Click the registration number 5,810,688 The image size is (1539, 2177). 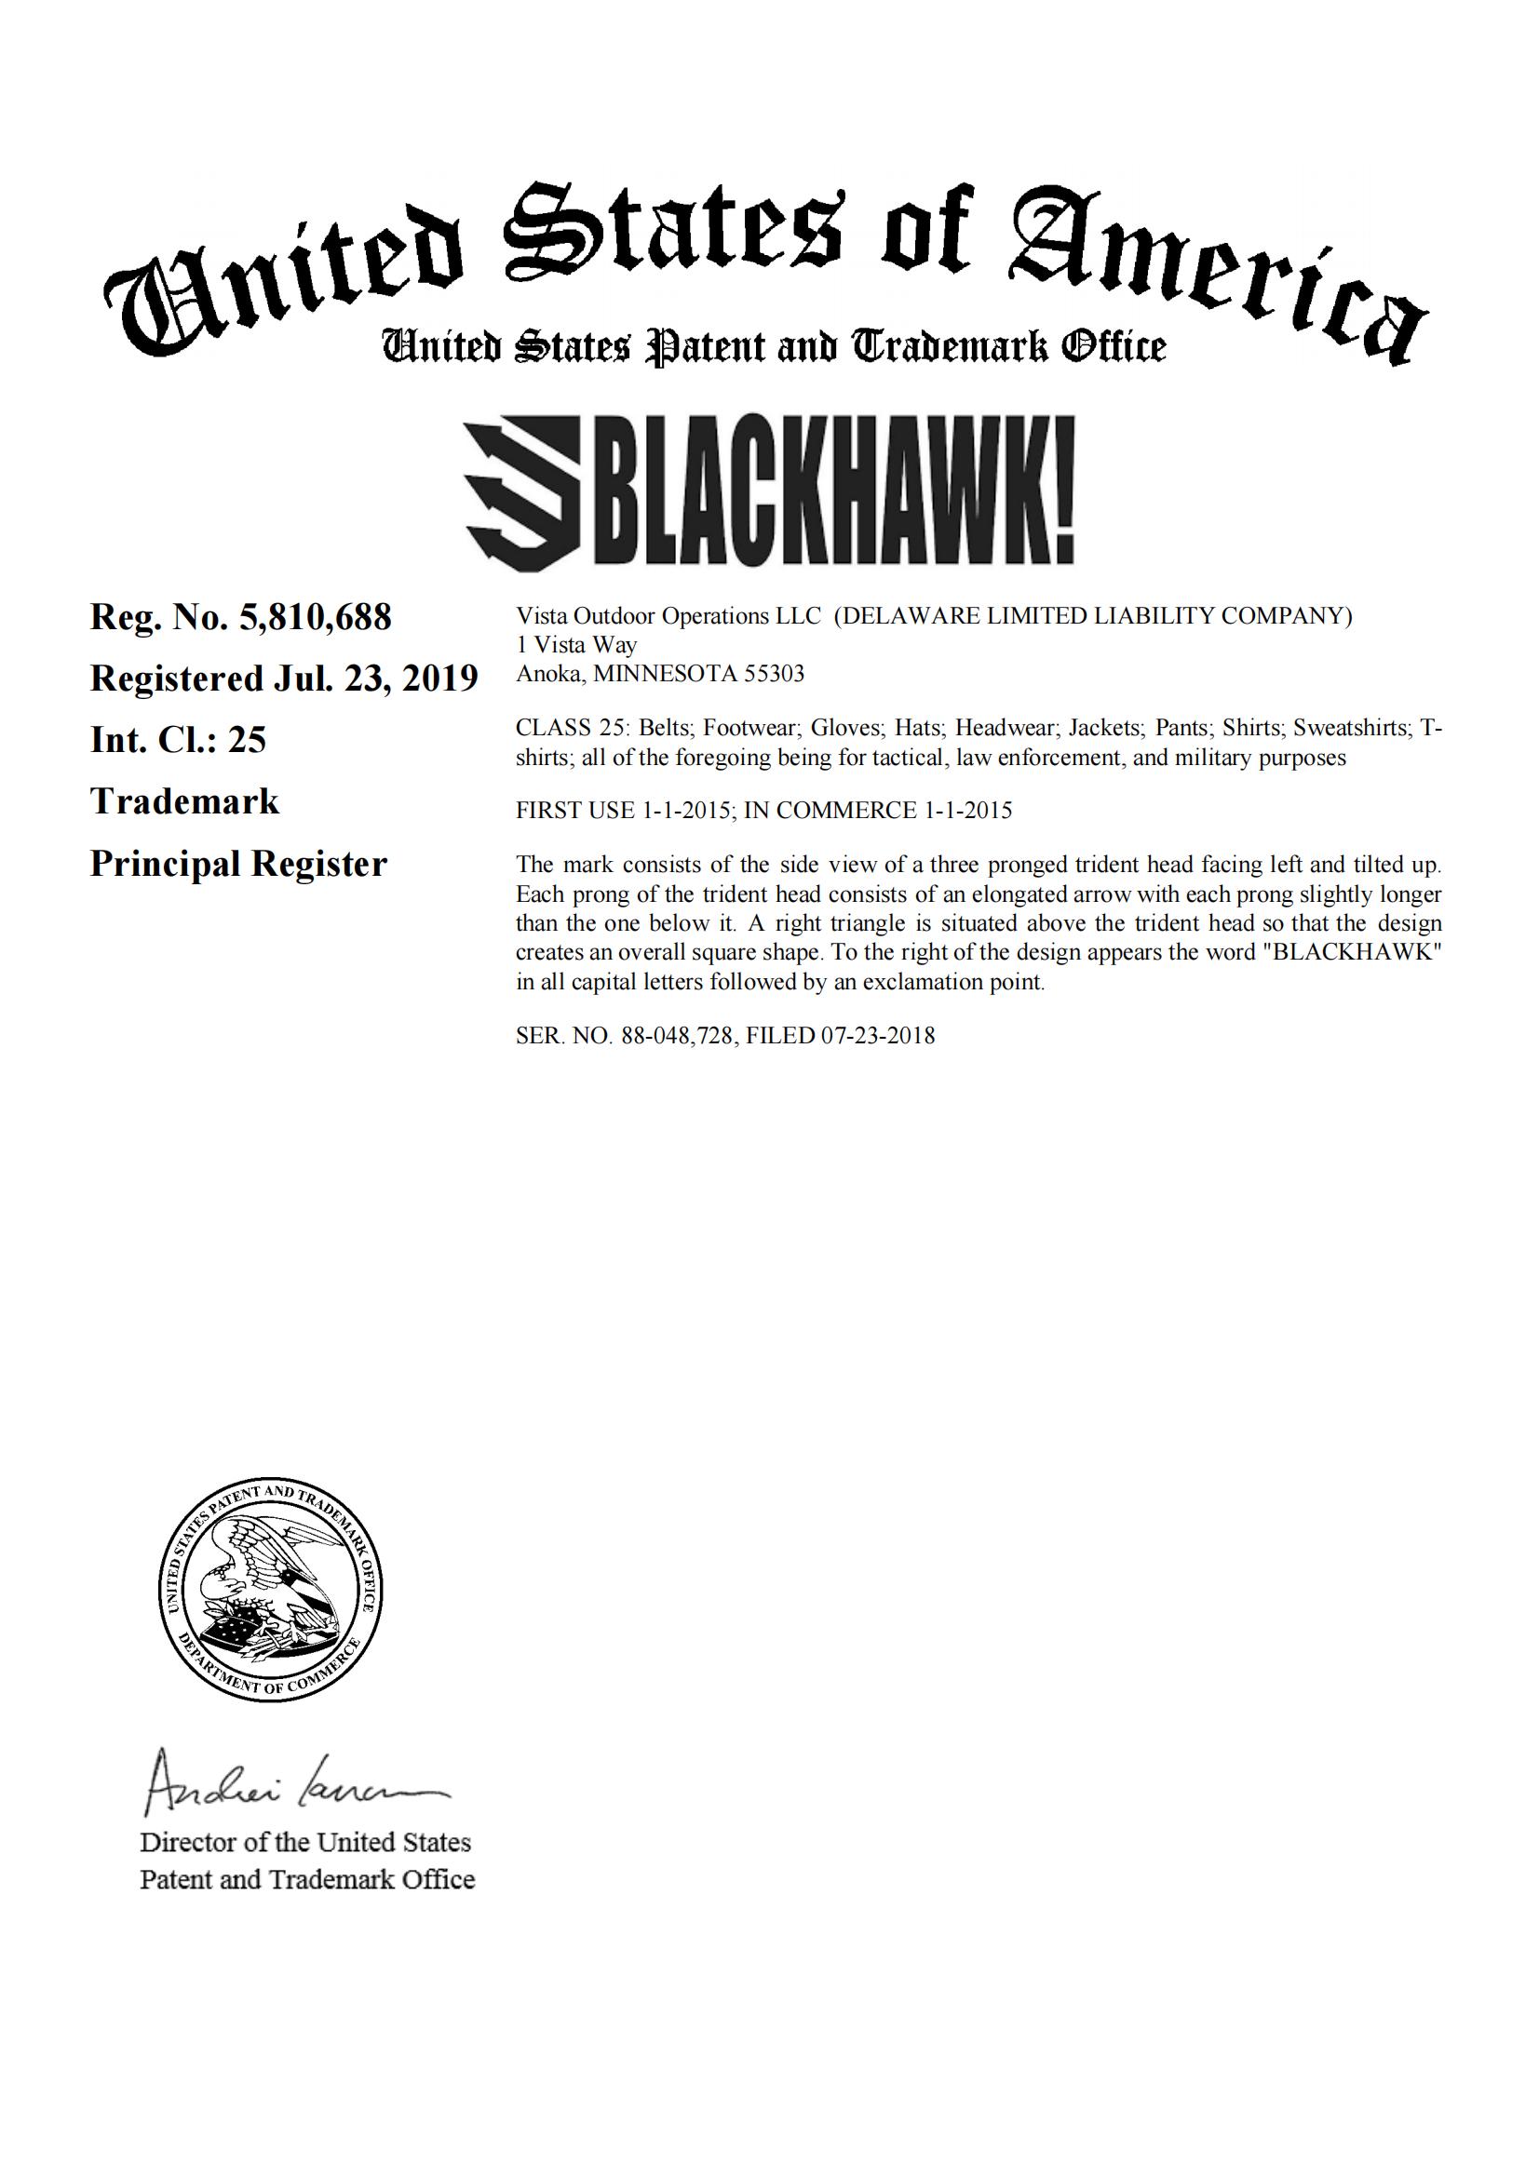click(315, 618)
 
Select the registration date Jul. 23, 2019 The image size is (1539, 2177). click(378, 679)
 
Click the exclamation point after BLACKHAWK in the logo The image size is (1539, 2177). click(1063, 494)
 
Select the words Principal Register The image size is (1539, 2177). click(238, 864)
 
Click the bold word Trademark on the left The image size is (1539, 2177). click(185, 802)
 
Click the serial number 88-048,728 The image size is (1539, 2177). click(677, 1035)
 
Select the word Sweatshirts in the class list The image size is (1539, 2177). click(1351, 728)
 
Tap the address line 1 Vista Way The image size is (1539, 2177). click(576, 645)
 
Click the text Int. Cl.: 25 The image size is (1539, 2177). click(178, 741)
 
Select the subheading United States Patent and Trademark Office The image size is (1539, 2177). click(773, 346)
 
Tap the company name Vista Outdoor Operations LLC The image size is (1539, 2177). click(668, 616)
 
